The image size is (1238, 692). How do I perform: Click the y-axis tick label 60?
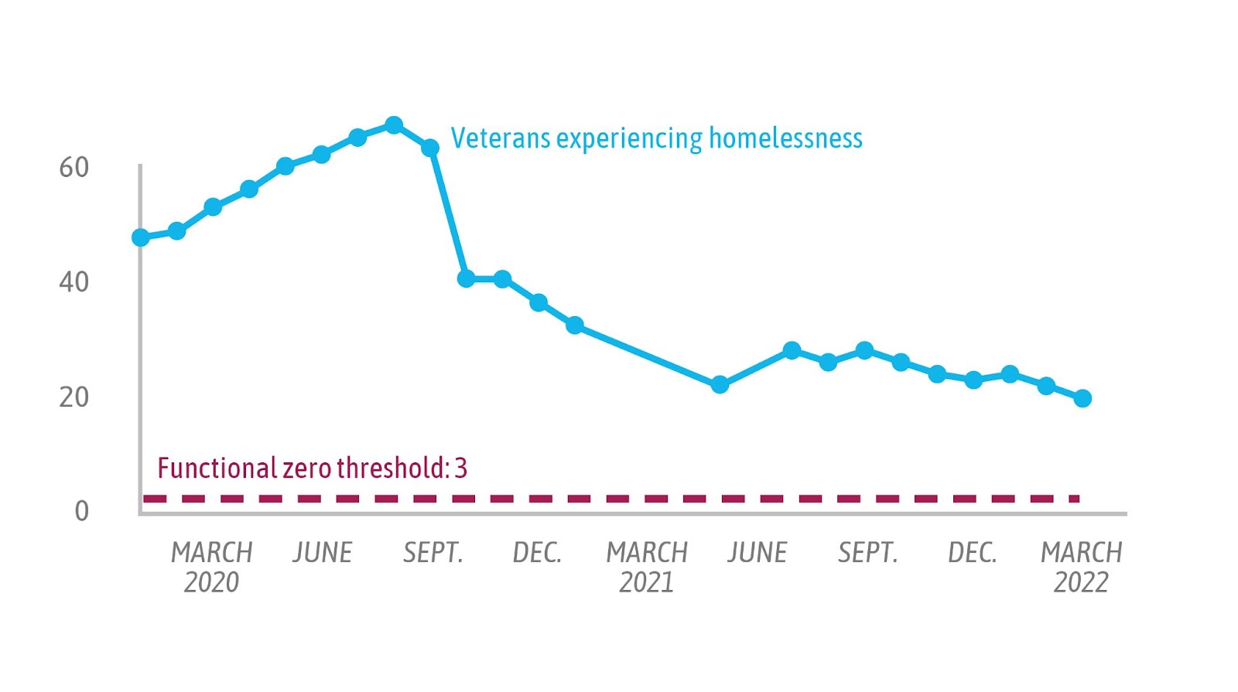coord(74,168)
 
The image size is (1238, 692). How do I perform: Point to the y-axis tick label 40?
coord(74,282)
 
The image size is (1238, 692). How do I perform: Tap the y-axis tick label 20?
coord(74,397)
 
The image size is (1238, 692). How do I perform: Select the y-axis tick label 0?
coord(81,511)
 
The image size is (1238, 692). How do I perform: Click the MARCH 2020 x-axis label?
coord(211,567)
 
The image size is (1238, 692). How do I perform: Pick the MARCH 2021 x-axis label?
coord(647,567)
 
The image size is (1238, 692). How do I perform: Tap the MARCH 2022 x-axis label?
coord(1081,567)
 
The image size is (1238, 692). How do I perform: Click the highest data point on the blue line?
coord(394,125)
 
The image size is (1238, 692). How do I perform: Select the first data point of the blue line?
coord(141,237)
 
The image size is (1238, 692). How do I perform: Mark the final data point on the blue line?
coord(1082,398)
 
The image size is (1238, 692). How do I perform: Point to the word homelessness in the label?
coord(785,138)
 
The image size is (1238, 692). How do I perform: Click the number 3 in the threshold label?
coord(461,469)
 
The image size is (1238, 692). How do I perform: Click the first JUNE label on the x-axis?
coord(323,553)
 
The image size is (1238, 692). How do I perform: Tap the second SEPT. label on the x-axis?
coord(867,553)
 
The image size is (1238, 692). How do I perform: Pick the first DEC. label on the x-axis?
coord(537,553)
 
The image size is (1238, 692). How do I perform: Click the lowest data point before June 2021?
coord(720,384)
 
